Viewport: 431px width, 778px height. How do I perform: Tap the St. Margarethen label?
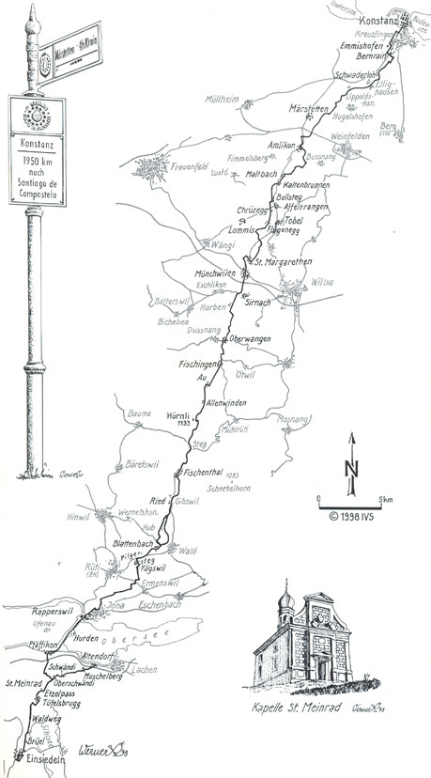tap(281, 262)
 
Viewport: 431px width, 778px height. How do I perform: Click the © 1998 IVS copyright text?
tap(352, 516)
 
